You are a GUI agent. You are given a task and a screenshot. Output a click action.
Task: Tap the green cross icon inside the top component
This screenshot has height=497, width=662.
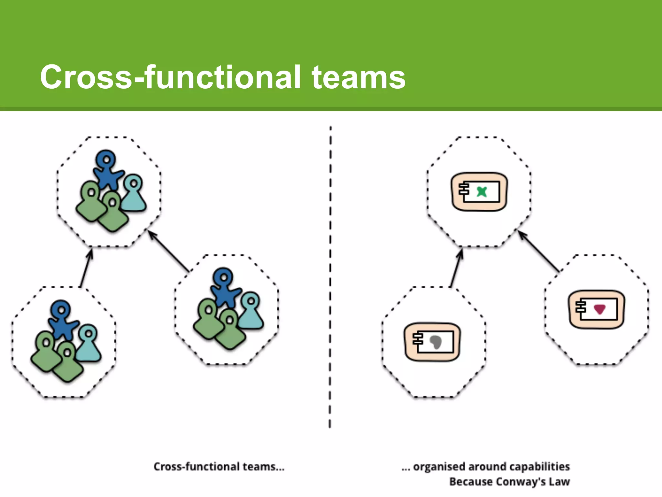point(482,192)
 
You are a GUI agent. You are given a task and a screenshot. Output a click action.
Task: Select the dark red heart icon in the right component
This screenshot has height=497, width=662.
point(600,309)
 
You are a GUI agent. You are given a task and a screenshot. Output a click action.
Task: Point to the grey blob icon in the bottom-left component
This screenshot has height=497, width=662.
point(436,342)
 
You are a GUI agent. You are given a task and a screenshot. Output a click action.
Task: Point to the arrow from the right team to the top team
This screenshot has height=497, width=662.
point(168,251)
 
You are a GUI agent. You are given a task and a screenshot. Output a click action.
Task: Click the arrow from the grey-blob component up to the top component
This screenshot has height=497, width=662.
point(456,269)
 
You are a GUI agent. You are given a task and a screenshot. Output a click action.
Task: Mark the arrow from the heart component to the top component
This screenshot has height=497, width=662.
point(538,251)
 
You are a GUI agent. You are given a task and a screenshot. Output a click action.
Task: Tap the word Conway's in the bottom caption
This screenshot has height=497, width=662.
point(521,481)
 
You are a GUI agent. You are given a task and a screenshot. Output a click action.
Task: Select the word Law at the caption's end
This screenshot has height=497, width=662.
point(559,481)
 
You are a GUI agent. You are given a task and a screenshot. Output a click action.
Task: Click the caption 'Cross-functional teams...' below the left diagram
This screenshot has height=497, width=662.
point(219,466)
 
